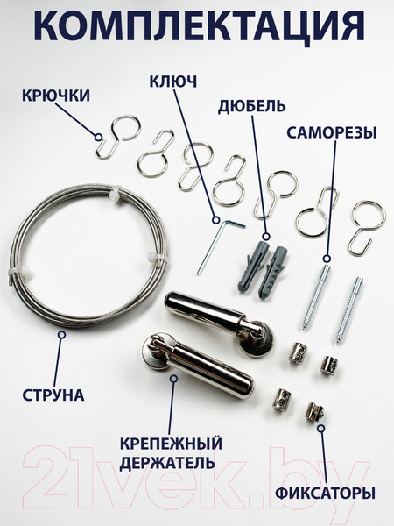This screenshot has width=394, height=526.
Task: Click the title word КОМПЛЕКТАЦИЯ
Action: [x=197, y=27]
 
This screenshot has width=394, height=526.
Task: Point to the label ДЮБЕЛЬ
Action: [x=252, y=105]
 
